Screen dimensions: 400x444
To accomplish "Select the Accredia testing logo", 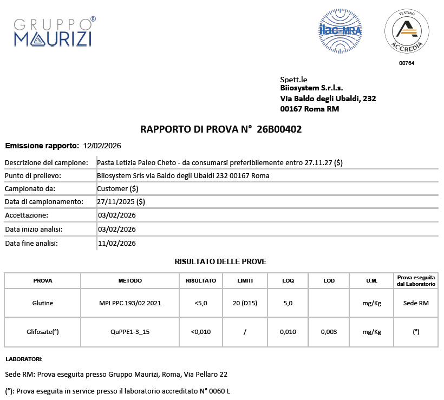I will point(407,32).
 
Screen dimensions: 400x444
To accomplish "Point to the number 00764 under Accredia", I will point(407,63).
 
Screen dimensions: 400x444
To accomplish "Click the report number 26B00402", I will point(279,129).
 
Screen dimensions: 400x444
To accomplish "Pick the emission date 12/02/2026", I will point(102,146).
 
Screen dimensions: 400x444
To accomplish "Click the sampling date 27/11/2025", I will point(115,201).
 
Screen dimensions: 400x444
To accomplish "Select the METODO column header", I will point(130,281).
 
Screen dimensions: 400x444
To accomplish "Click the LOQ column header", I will point(288,281).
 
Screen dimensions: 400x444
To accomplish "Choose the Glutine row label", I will point(43,303).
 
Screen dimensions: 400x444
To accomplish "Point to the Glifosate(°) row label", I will point(43,332).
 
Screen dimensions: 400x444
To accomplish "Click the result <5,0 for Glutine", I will point(200,303).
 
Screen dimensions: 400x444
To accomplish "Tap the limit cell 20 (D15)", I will point(245,303).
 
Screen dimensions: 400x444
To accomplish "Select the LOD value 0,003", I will point(329,332).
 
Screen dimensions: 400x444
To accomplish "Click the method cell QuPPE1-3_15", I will point(130,332).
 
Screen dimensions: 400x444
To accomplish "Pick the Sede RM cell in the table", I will point(416,303).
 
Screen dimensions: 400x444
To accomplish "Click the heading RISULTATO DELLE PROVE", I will point(220,261).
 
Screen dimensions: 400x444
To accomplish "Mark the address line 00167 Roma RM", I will point(310,109).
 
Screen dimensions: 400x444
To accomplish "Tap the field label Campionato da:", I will point(30,189).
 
